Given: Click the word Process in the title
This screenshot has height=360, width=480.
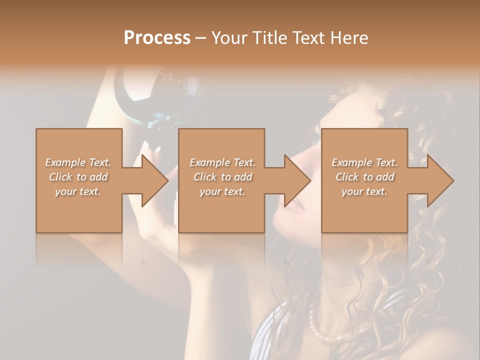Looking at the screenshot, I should pyautogui.click(x=157, y=38).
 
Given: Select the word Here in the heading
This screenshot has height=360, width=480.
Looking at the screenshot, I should pyautogui.click(x=349, y=38).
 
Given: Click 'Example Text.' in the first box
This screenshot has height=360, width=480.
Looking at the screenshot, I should pyautogui.click(x=78, y=162).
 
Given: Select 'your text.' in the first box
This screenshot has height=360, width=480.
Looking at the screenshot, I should pyautogui.click(x=78, y=191).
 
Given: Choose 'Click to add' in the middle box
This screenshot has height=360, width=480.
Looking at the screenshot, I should pyautogui.click(x=222, y=177).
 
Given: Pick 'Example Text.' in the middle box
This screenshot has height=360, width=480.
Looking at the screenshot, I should pyautogui.click(x=222, y=162).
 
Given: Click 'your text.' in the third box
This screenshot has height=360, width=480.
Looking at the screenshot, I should pyautogui.click(x=364, y=191).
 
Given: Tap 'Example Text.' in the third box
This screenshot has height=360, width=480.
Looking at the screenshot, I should pyautogui.click(x=364, y=162).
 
